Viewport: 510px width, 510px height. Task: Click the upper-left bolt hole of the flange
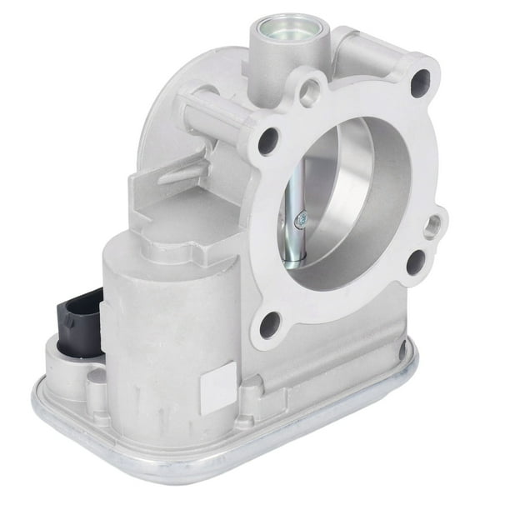(x=267, y=141)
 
